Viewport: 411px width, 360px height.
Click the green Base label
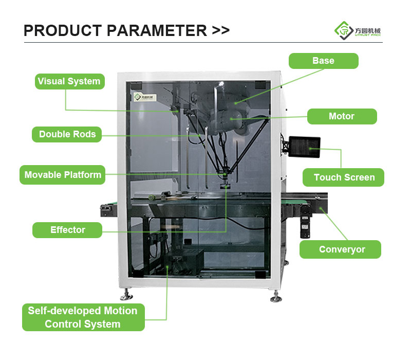(324, 61)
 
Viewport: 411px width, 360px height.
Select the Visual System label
(70, 81)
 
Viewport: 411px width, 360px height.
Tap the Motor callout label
(342, 116)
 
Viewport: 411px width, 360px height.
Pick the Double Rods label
(67, 134)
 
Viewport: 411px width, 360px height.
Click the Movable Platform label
(62, 175)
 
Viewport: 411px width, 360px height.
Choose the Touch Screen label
(343, 177)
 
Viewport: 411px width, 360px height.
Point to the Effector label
(67, 230)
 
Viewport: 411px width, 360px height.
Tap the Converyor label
(340, 249)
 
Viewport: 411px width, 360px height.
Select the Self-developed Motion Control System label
(83, 317)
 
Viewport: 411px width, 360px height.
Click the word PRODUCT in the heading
(63, 30)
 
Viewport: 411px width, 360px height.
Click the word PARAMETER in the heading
(157, 30)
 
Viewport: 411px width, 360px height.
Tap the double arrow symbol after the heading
(221, 30)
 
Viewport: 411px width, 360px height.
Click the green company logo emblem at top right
(344, 31)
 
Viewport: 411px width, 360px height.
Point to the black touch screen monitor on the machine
(304, 147)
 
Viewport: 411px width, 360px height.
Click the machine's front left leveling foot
(126, 294)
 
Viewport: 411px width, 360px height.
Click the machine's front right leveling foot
(276, 296)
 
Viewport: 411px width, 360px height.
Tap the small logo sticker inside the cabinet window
(145, 97)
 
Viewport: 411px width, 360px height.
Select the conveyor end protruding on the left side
(109, 210)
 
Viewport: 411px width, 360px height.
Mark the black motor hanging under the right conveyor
(305, 222)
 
